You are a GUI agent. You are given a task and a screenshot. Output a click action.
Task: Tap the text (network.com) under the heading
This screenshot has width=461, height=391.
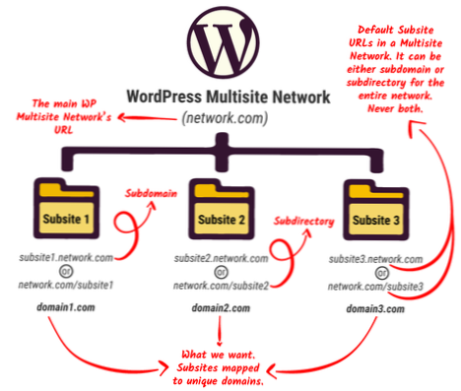pyautogui.click(x=226, y=119)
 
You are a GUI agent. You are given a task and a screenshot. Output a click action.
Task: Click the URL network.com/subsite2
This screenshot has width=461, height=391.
pyautogui.click(x=220, y=285)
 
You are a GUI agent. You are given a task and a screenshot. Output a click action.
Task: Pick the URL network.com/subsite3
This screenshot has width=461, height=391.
pyautogui.click(x=377, y=285)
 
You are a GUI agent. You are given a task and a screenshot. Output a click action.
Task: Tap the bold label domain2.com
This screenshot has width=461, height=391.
pyautogui.click(x=220, y=308)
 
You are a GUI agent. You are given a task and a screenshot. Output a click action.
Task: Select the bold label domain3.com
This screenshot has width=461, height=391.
pyautogui.click(x=377, y=308)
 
